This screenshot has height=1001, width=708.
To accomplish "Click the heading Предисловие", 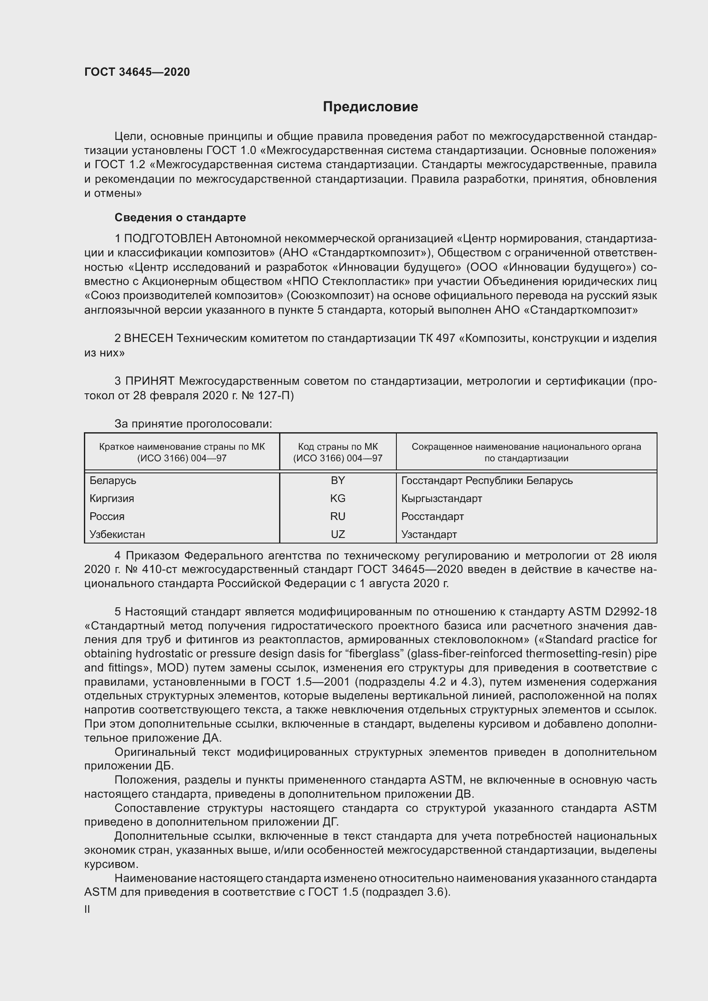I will (x=370, y=107).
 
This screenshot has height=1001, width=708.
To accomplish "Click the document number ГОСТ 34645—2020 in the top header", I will (x=137, y=72).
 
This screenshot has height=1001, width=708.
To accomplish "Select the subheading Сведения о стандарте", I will (x=180, y=217).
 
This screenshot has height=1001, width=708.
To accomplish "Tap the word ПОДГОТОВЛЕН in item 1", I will (x=168, y=238).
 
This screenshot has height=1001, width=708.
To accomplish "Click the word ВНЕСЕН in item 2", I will (x=149, y=339).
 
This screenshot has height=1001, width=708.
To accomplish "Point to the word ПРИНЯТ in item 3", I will (x=149, y=381).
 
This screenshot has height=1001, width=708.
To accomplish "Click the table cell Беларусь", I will (x=113, y=481).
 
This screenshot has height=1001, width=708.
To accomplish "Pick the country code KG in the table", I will (x=337, y=498).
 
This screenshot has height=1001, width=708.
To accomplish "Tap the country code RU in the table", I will (x=337, y=516).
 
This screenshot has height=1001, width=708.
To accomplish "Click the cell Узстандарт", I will (x=428, y=534).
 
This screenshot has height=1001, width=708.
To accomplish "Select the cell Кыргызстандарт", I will (x=441, y=498).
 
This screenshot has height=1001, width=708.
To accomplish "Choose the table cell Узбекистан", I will (x=117, y=534).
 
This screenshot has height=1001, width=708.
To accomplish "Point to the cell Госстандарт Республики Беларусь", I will (x=487, y=481).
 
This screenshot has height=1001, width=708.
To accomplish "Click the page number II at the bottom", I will (x=87, y=909).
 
